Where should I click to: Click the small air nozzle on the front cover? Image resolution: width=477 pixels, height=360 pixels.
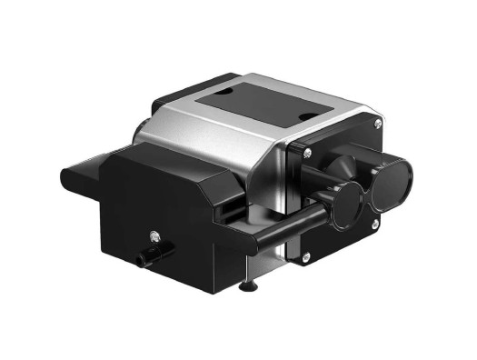pos(142,260)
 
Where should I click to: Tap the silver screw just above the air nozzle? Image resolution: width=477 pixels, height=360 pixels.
pos(157,238)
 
